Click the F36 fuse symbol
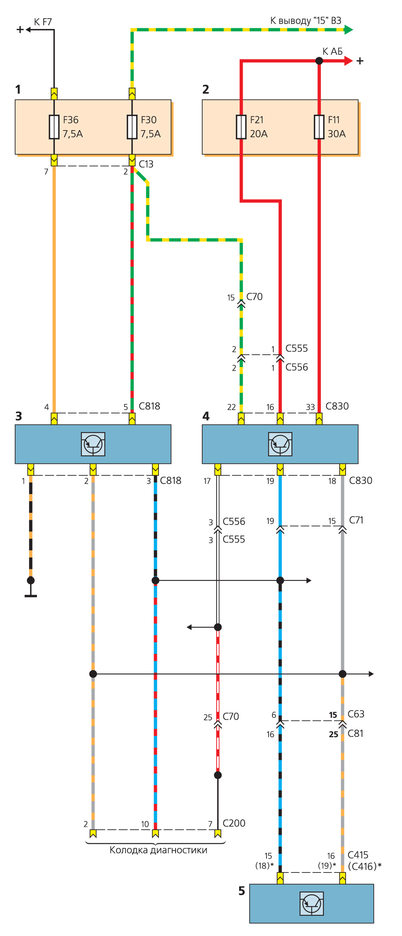[x=54, y=127]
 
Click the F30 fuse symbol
[x=132, y=127]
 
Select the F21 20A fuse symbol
[x=241, y=127]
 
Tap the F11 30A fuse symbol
[x=319, y=127]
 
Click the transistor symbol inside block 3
[x=93, y=444]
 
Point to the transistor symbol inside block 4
[x=280, y=444]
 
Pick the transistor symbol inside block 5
[x=311, y=903]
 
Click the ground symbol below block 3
[x=31, y=595]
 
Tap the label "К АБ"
[x=332, y=52]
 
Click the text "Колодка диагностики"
[x=158, y=850]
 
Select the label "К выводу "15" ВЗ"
[x=305, y=21]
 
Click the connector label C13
[x=146, y=164]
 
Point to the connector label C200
[x=234, y=823]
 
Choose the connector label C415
[x=358, y=855]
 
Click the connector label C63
[x=356, y=714]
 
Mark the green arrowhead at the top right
[x=348, y=29]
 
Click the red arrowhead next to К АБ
[x=348, y=61]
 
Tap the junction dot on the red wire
[x=319, y=61]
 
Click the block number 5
[x=242, y=891]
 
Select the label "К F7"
[x=43, y=22]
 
